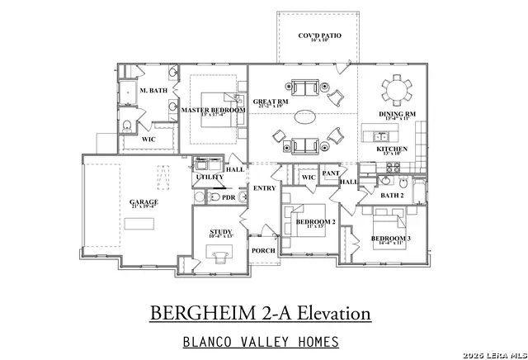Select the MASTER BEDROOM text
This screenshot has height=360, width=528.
click(x=213, y=110)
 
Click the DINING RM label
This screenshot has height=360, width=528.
click(x=397, y=114)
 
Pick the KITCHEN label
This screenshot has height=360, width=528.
click(x=392, y=149)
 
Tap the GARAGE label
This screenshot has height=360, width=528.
click(x=144, y=201)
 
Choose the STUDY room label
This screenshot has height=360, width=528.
click(x=219, y=232)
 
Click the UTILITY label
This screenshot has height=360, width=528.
click(x=205, y=178)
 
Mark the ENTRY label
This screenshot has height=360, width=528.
click(x=265, y=188)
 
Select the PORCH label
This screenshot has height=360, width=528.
click(x=263, y=250)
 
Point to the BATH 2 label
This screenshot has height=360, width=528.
click(x=391, y=195)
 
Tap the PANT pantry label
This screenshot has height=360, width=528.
click(x=331, y=173)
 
